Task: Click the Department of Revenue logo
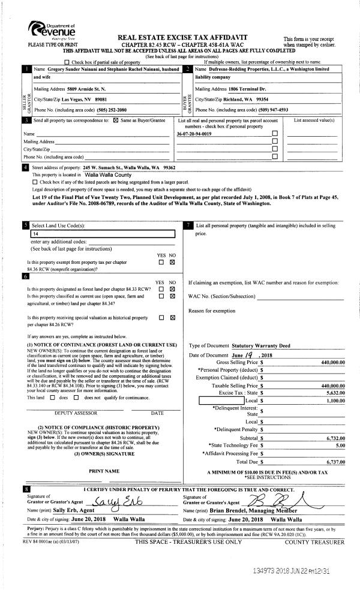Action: pyautogui.click(x=53, y=29)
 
